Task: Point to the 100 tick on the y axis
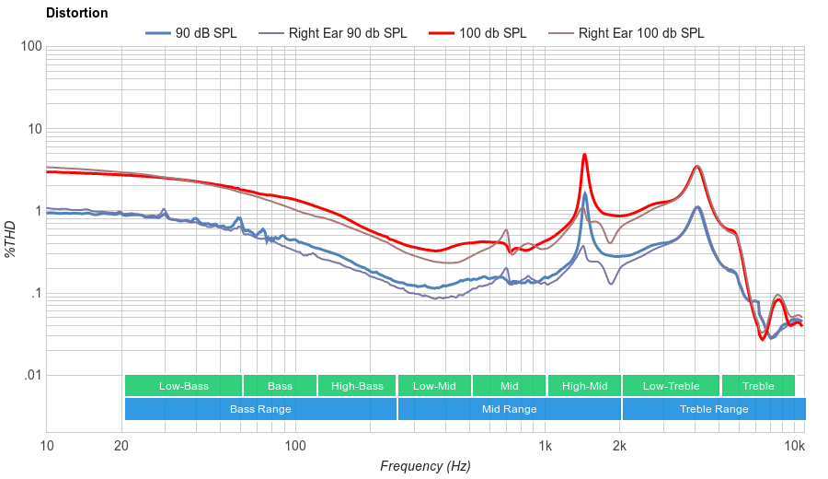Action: point(31,46)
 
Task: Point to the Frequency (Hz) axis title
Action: point(425,466)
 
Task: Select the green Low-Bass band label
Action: point(183,386)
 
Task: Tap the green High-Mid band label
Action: point(584,386)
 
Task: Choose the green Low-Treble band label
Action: point(671,386)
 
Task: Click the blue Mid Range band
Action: point(509,409)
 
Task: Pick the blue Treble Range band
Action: point(713,409)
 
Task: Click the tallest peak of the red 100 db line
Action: point(584,155)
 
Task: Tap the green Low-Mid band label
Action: point(434,386)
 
